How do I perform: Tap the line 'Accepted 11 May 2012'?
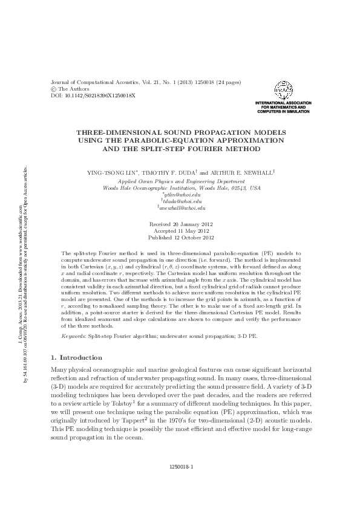tap(180, 231)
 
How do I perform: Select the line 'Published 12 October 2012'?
tap(180, 238)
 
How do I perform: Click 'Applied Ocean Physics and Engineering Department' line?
tap(181, 181)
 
